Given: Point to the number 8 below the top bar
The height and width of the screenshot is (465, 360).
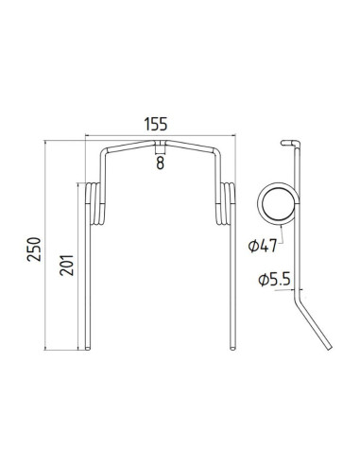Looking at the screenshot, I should click(160, 162).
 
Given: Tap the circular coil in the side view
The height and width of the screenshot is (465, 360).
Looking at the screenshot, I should click(281, 203).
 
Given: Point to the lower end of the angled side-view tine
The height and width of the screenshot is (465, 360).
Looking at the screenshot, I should click(327, 352).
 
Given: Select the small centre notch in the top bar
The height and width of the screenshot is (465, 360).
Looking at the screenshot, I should click(160, 146).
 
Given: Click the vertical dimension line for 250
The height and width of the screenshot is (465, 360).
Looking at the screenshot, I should click(47, 246).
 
